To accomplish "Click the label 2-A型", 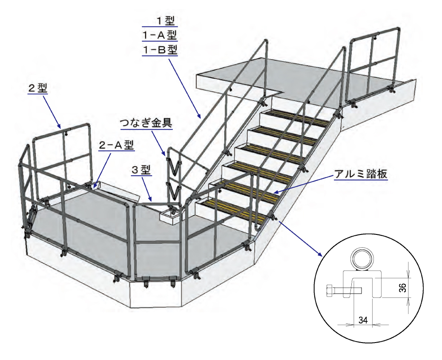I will pos(116,145).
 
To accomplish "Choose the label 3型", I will pos(140,170).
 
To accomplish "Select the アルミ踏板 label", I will pos(361,174).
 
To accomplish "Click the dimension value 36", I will pos(402,288).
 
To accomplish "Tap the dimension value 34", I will pos(363,319).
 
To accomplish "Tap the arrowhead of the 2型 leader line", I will pos(60,126).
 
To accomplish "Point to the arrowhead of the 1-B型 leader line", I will pos(199,116).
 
